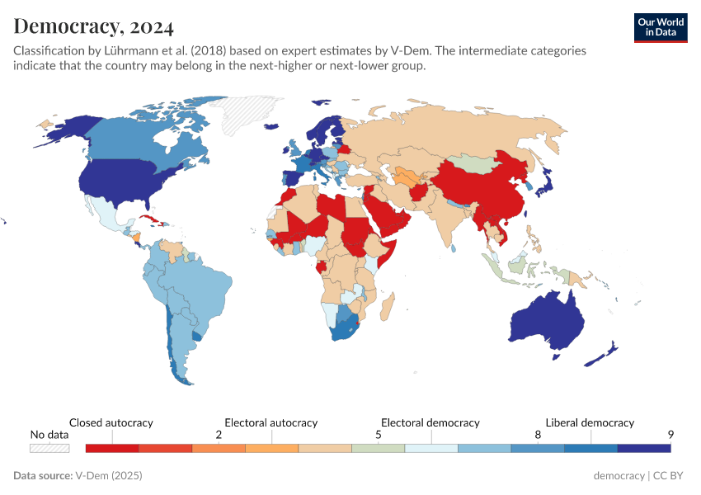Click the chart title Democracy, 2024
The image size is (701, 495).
coord(93,26)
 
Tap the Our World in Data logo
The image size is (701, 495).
coord(660,27)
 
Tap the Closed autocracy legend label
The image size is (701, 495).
coord(111,422)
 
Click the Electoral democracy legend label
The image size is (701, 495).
coord(430,422)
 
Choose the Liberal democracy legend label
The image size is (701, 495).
coord(590,422)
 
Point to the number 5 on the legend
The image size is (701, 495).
coord(379,435)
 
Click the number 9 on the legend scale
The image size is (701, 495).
coord(671,435)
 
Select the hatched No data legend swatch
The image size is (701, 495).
coord(49,448)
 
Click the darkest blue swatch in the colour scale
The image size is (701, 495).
coord(644,448)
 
